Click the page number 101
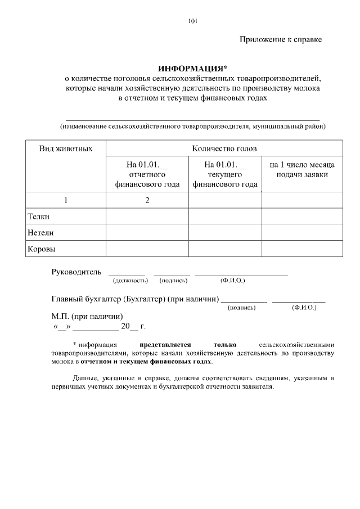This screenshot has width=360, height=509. tap(192, 22)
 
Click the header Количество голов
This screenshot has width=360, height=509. tap(224, 149)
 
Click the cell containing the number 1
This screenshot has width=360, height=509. tap(66, 200)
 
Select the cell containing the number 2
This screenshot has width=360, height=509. tap(147, 200)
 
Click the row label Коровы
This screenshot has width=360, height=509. tap(42, 248)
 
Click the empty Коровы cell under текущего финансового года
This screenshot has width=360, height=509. tap(224, 248)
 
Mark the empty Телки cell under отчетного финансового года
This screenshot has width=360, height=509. tap(147, 217)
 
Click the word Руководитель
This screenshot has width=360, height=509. tap(76, 272)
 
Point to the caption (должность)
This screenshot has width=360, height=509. tap(130, 280)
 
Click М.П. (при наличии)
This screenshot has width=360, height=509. tap(87, 316)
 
